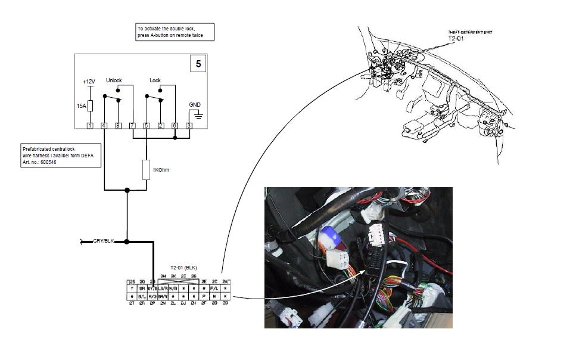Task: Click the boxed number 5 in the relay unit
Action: [198, 63]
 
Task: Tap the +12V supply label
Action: [89, 82]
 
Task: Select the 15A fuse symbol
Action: [90, 105]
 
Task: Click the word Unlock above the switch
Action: [114, 80]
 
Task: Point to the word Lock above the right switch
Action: [155, 80]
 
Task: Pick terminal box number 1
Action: [89, 125]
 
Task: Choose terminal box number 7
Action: [132, 125]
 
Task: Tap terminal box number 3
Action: [189, 125]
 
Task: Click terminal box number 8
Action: [118, 125]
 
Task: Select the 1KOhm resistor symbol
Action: [146, 170]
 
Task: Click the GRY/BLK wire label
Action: [103, 241]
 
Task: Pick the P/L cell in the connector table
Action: [214, 287]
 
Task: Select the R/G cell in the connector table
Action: [152, 295]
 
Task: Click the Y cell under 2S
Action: [132, 287]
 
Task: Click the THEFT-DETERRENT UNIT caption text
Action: [470, 32]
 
